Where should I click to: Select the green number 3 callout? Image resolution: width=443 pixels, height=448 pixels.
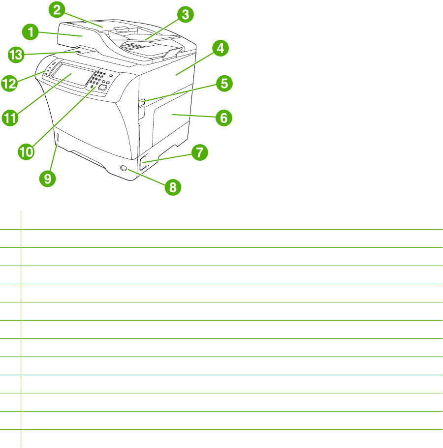tap(185, 15)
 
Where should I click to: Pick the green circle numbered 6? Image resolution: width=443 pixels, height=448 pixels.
tap(223, 118)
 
